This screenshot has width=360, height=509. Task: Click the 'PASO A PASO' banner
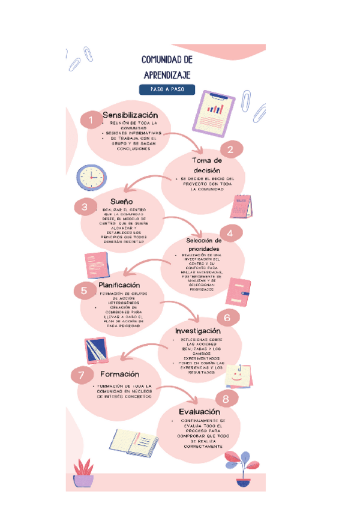167,89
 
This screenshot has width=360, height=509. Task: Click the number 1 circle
91,121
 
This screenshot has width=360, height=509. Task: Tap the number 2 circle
230,149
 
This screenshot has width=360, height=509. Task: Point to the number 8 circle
226,398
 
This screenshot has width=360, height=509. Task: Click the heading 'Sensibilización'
130,115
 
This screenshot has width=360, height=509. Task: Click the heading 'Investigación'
198,331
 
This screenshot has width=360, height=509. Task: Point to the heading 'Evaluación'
199,412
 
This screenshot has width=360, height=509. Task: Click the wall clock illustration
91,177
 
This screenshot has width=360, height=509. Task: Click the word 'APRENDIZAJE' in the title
167,74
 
